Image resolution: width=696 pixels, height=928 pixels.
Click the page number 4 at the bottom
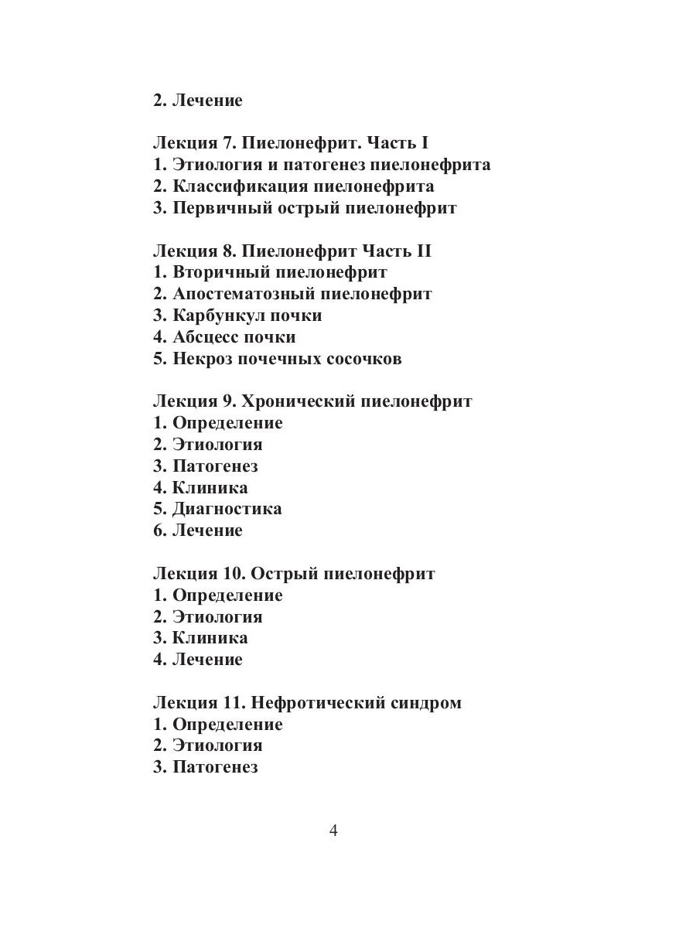point(333,831)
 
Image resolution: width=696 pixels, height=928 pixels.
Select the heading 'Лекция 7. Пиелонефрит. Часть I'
point(291,143)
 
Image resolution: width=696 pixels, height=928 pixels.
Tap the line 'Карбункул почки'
point(247,316)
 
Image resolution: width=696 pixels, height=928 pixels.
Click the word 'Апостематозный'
point(244,294)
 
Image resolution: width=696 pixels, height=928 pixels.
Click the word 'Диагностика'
point(227,509)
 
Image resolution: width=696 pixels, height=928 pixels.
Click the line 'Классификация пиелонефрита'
point(303,186)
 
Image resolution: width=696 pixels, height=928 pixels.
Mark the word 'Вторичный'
point(220,272)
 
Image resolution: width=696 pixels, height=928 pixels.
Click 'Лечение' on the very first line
point(207,101)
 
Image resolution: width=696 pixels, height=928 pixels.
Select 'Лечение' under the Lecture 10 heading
point(207,660)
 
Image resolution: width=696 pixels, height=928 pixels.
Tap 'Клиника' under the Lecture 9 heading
point(210,487)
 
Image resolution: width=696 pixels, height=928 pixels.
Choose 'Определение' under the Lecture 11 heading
point(227,725)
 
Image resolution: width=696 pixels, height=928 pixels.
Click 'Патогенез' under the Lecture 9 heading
point(215,466)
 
